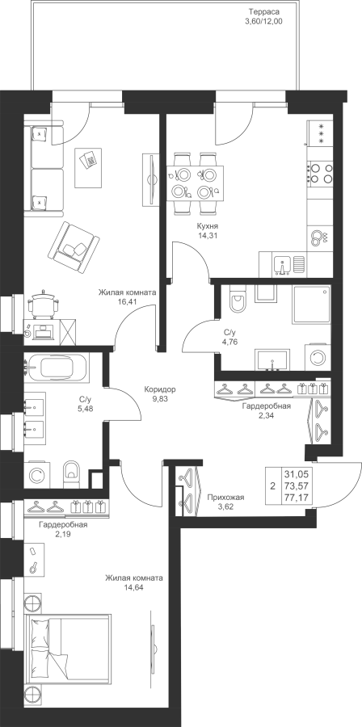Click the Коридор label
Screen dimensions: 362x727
pyautogui.click(x=160, y=389)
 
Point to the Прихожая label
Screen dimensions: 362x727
pyautogui.click(x=225, y=498)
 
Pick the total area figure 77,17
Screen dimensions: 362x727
pyautogui.click(x=298, y=498)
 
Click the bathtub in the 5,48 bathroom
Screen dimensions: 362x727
pyautogui.click(x=57, y=368)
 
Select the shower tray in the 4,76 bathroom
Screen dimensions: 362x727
pyautogui.click(x=311, y=305)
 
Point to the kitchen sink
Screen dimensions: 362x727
pyautogui.click(x=282, y=265)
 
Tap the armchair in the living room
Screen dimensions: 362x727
pyautogui.click(x=74, y=248)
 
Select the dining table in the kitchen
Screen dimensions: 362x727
pyautogui.click(x=196, y=183)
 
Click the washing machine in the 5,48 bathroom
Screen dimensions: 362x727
pyautogui.click(x=36, y=474)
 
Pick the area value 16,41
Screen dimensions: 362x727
pyautogui.click(x=128, y=301)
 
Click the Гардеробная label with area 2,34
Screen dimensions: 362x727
pyautogui.click(x=267, y=406)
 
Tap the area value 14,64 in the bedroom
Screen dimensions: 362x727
pyautogui.click(x=133, y=587)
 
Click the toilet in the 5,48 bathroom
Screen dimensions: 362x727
pyautogui.click(x=71, y=474)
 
